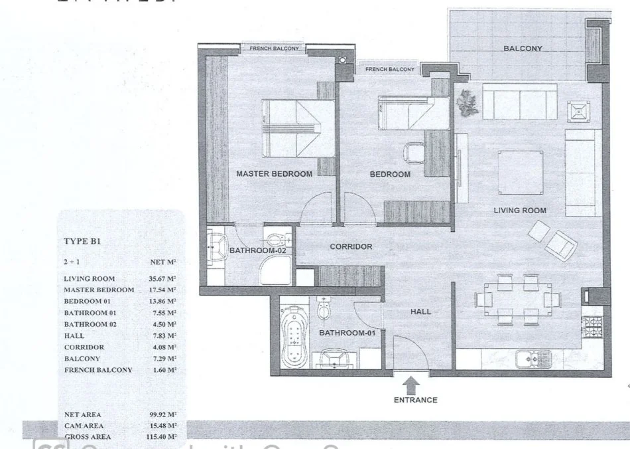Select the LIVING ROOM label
click(519, 211)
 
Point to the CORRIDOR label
click(351, 246)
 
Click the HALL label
click(420, 311)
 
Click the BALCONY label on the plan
click(523, 48)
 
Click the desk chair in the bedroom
click(413, 151)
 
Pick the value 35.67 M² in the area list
click(162, 279)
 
